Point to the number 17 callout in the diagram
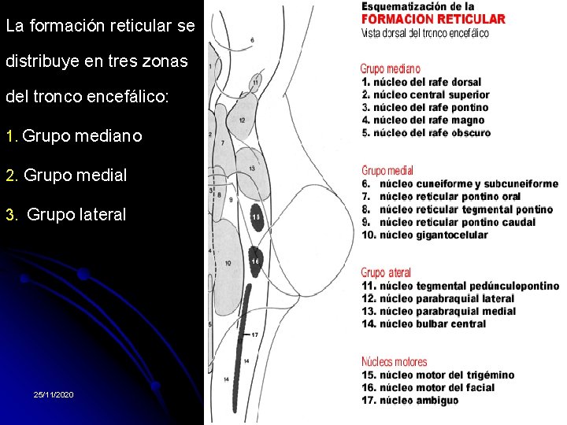254,335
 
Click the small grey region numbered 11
256,82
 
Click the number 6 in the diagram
252,39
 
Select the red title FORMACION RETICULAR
433,20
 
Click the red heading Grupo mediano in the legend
391,69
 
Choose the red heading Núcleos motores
394,362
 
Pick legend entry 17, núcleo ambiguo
410,400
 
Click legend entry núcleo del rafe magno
423,120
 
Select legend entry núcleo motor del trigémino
438,375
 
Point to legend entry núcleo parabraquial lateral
438,298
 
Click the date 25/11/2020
54,394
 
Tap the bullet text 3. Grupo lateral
65,214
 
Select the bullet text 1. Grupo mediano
73,136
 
